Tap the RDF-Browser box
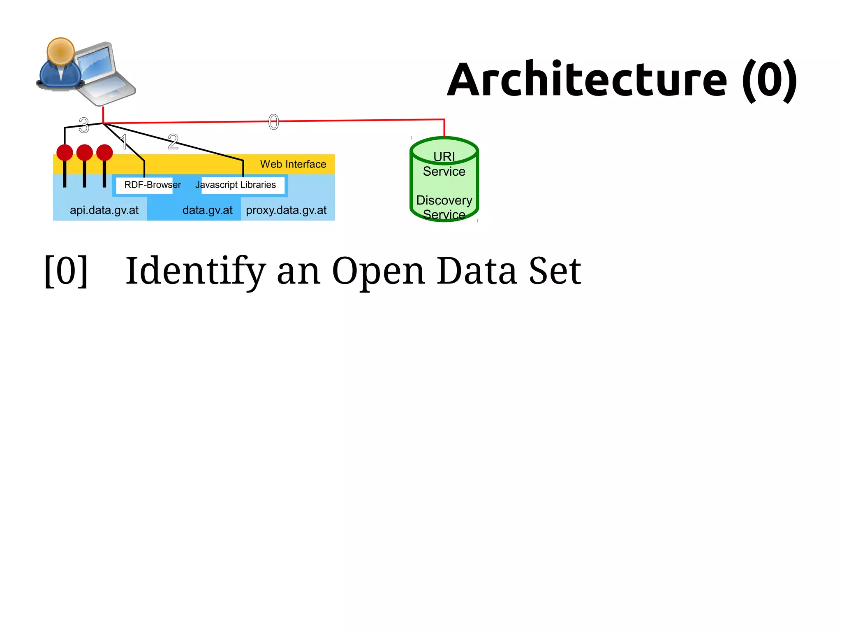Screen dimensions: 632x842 click(x=144, y=185)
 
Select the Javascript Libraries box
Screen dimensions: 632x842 click(x=243, y=185)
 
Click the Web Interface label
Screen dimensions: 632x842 click(x=293, y=164)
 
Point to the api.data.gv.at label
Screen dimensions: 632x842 click(x=104, y=210)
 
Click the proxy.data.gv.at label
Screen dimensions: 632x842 click(x=286, y=210)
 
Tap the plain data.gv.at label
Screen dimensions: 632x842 click(x=207, y=210)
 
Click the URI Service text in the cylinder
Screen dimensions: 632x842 click(x=444, y=164)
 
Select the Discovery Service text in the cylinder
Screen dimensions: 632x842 click(x=444, y=207)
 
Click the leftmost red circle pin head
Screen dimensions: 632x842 click(x=65, y=153)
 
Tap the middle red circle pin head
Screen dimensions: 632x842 click(x=85, y=153)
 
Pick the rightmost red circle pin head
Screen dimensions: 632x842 click(x=104, y=153)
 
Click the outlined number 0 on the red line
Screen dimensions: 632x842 click(x=273, y=122)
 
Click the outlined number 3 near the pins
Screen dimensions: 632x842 click(x=84, y=125)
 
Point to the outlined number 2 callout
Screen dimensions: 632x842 click(x=173, y=142)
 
